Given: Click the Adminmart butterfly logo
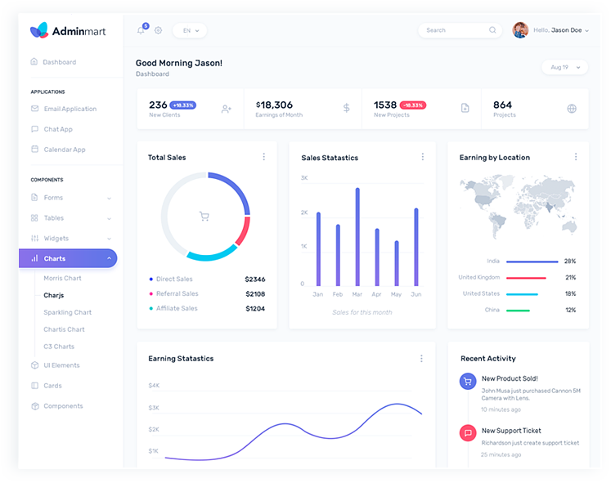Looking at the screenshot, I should point(38,31).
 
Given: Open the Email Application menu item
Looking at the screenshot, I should point(70,109).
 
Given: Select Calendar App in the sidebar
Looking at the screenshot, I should point(64,150).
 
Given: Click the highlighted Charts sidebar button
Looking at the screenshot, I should point(68,258).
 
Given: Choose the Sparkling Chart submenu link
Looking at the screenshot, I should point(67,312).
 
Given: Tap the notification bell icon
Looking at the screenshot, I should point(141,30).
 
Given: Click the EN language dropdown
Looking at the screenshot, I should point(190,30).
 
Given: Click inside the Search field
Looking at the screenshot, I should point(454,30).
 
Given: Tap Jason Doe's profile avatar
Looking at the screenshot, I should point(520,30).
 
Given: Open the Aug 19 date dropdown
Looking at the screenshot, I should point(564,67).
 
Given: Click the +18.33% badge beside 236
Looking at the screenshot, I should point(182,105).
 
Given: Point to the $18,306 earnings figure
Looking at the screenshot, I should point(275,105).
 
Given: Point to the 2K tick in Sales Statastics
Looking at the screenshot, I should point(304,212).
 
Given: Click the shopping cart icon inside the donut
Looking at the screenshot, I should point(204,217).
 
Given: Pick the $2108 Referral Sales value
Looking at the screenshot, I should point(255,293).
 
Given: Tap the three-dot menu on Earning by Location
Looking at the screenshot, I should point(576,157).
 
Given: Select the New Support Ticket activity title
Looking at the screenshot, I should point(511,431).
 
